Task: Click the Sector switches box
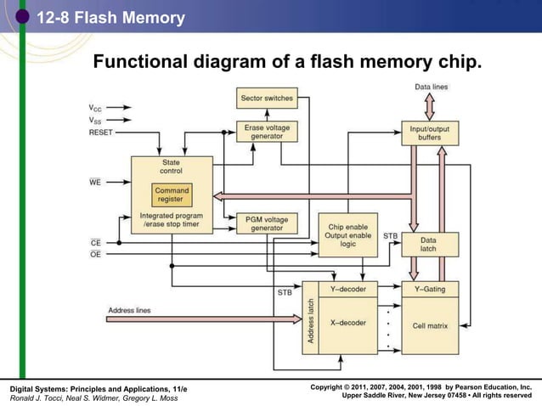(x=267, y=98)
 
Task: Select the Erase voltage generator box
(x=267, y=132)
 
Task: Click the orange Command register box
(x=171, y=195)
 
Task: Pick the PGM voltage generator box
(x=267, y=223)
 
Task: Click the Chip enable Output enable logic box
(x=347, y=234)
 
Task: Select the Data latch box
(x=429, y=245)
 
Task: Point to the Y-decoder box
(x=347, y=290)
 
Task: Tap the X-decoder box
(x=347, y=324)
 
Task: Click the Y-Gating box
(x=429, y=290)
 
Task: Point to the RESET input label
(x=100, y=133)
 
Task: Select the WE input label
(x=95, y=181)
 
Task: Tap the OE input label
(x=95, y=253)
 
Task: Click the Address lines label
(x=129, y=310)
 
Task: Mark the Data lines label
(x=432, y=87)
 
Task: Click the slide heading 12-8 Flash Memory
(x=110, y=18)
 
